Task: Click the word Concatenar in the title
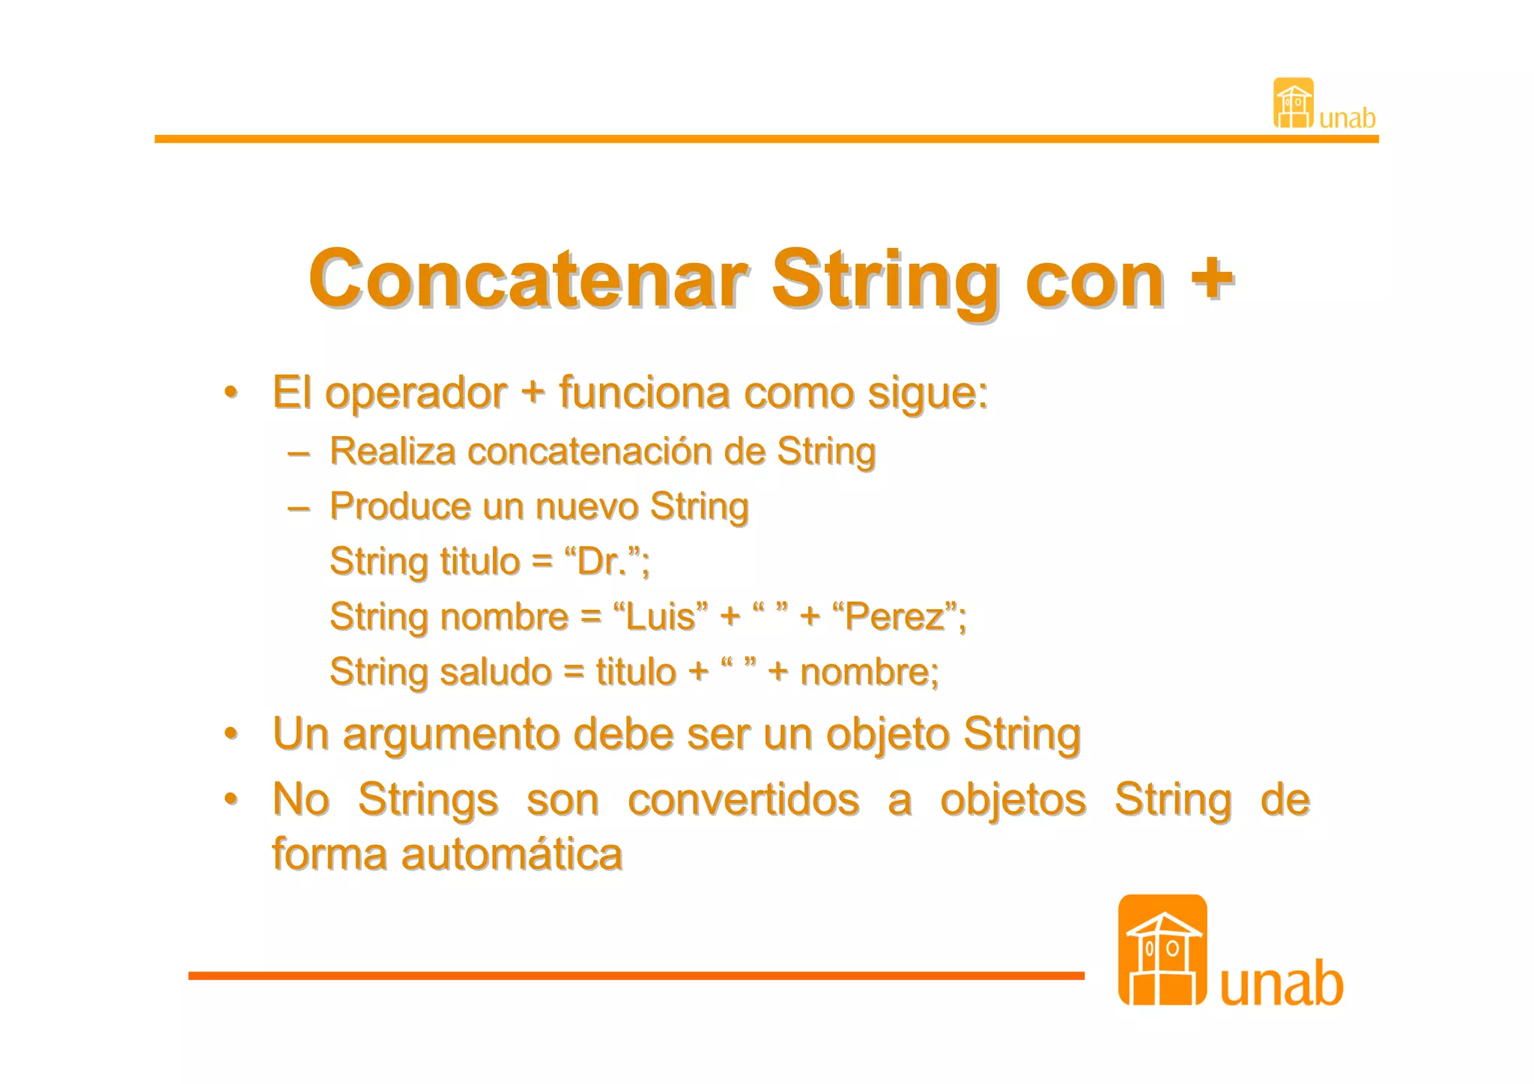[528, 279]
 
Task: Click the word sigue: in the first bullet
[927, 393]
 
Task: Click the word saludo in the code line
[495, 672]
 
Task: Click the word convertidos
[743, 799]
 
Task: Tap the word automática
[512, 854]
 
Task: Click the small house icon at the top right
[1293, 103]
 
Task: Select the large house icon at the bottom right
[1162, 950]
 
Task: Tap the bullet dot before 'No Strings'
[231, 799]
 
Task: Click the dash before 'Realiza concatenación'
[298, 452]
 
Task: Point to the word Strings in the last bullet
[428, 799]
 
